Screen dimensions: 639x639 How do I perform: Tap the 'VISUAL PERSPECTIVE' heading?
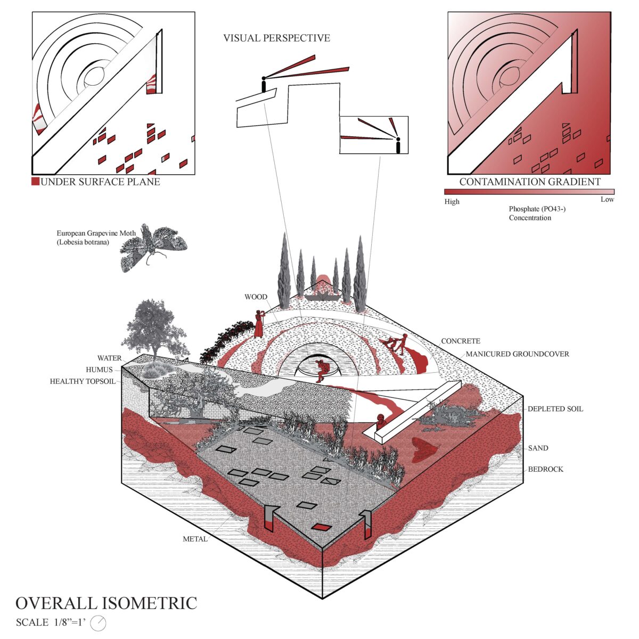276,38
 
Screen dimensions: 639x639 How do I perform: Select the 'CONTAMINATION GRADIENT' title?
530,182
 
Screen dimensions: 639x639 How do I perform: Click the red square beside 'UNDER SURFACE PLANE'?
36,182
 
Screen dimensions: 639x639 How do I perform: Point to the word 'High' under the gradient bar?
452,201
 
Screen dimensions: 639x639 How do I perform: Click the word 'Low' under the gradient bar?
607,200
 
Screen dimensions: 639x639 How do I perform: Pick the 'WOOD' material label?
256,297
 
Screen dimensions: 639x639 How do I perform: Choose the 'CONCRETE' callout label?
461,341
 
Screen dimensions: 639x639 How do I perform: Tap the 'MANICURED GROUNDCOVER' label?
517,354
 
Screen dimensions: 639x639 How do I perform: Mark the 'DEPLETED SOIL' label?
555,409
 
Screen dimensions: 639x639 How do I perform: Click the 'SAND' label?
538,448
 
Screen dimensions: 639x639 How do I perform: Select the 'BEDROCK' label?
545,469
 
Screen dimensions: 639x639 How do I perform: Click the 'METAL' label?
195,539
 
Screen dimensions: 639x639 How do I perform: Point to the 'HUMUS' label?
99,370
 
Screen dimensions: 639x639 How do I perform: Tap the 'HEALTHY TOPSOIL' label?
83,381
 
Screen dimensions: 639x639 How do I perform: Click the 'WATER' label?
109,358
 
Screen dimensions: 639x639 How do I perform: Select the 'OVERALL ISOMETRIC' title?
106,603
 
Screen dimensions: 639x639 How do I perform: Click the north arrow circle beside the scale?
99,622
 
